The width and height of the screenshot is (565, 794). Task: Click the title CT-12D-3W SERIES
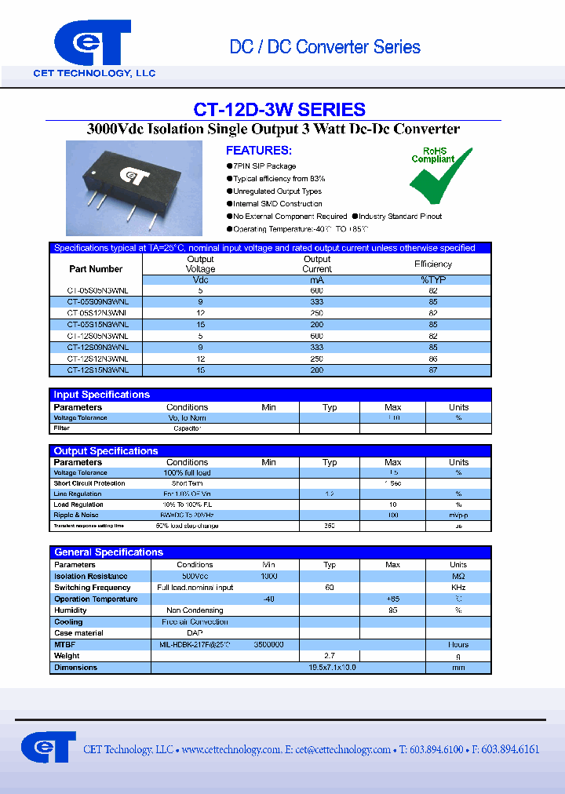coord(279,110)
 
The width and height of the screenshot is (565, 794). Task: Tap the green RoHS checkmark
coord(440,177)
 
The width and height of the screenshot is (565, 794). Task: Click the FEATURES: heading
coord(258,151)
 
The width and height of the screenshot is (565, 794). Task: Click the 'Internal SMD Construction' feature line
coord(277,204)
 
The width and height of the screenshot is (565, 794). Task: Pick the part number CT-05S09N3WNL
coord(98,301)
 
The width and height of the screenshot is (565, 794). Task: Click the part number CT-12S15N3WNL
coord(98,369)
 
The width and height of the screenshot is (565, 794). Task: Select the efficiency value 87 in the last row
coord(444,369)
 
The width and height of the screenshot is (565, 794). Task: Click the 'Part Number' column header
coord(96,269)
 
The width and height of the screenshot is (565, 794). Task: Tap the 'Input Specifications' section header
coord(101,395)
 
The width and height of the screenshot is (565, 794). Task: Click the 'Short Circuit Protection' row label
coord(89,483)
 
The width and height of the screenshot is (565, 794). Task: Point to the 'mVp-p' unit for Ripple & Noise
coord(458,515)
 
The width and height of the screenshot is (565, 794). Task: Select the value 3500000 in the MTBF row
coord(268,644)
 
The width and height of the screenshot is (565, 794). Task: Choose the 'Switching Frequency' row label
coord(92,588)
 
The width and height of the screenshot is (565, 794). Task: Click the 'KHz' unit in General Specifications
coord(458,588)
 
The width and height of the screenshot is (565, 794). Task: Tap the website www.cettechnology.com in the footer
coord(231,750)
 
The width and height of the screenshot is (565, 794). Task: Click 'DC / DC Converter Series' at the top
coord(324,47)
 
